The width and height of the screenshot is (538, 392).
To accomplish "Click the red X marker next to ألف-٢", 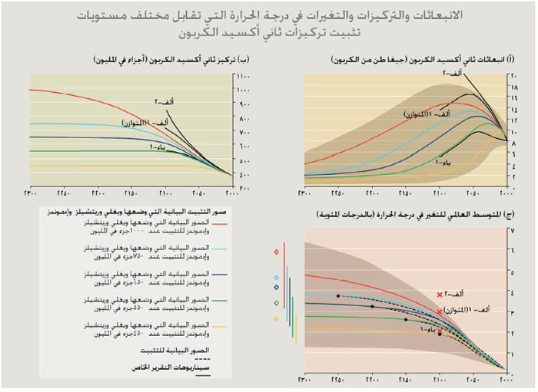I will point(440,295).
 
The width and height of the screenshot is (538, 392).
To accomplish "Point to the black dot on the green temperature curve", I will point(406,319).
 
